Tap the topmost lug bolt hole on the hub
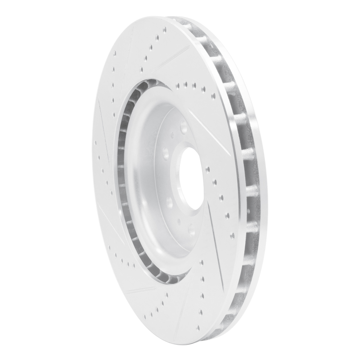pos(184,127)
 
